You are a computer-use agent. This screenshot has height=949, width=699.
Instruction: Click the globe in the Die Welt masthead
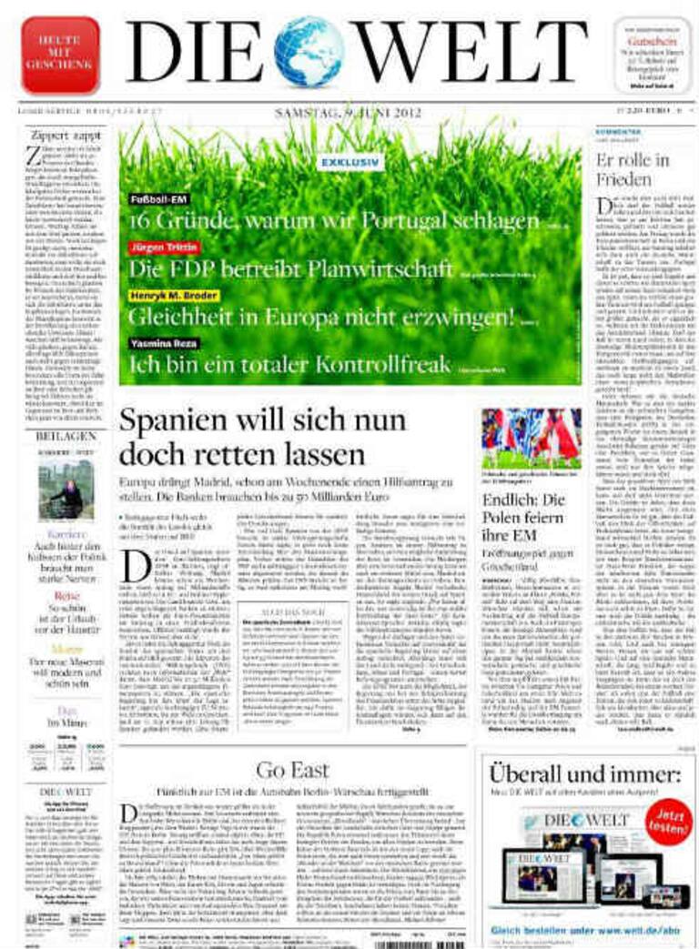coord(309,52)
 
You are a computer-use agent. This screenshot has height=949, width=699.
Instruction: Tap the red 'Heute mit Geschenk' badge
coord(60,55)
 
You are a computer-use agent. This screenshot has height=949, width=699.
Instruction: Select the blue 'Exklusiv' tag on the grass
coord(351,163)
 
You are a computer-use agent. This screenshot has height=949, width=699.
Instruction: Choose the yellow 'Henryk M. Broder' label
coord(174,297)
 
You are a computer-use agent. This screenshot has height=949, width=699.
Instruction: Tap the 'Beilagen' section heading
coord(66,436)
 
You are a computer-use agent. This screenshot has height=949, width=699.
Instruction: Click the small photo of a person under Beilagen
coord(66,488)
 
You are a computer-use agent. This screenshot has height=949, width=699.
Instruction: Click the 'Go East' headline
coord(292,770)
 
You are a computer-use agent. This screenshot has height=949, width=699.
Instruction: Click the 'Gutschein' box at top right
coord(652,56)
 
